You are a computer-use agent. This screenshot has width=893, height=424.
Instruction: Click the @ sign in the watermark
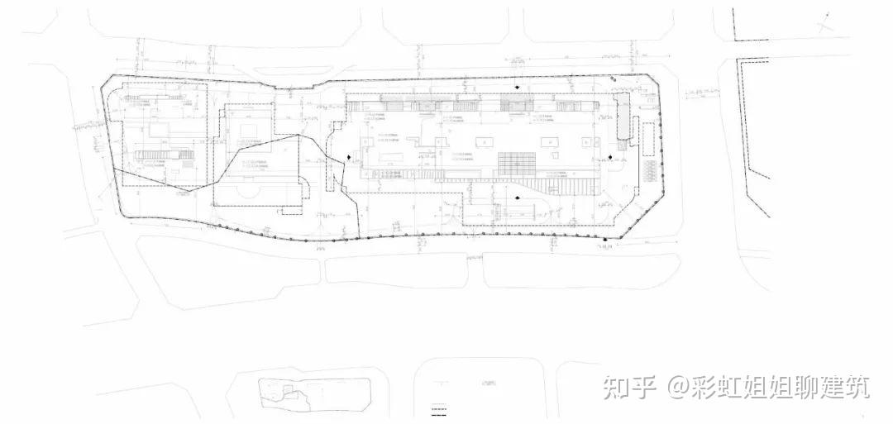click(x=677, y=387)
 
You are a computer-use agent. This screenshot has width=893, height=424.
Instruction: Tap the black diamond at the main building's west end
click(x=350, y=157)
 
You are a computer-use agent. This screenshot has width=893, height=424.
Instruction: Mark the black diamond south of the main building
click(x=518, y=197)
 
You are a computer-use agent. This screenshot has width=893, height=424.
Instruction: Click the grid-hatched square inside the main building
click(x=513, y=162)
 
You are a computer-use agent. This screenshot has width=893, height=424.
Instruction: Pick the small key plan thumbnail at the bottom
click(x=285, y=393)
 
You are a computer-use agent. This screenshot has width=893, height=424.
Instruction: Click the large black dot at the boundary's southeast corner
click(x=605, y=241)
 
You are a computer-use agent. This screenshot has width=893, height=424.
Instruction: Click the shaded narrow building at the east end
click(x=622, y=116)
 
